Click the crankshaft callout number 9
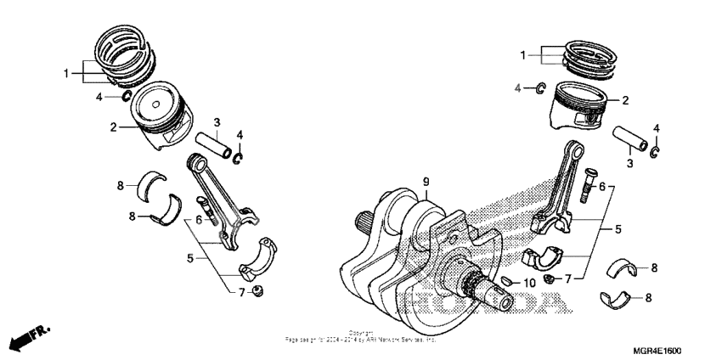[x=426, y=181]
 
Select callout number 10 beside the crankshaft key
[x=528, y=283]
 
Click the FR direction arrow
[x=26, y=339]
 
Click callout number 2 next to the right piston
[x=625, y=100]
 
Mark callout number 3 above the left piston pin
[x=217, y=123]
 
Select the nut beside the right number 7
[x=549, y=278]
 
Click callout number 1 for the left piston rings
[x=65, y=75]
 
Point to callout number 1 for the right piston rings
[x=524, y=55]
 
